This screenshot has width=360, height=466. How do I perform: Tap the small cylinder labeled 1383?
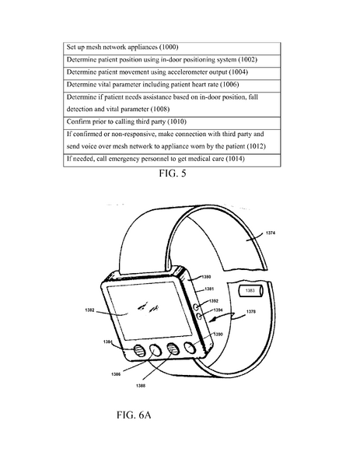250,291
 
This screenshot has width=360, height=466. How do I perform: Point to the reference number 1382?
91,309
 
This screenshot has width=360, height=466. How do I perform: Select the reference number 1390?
218,334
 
